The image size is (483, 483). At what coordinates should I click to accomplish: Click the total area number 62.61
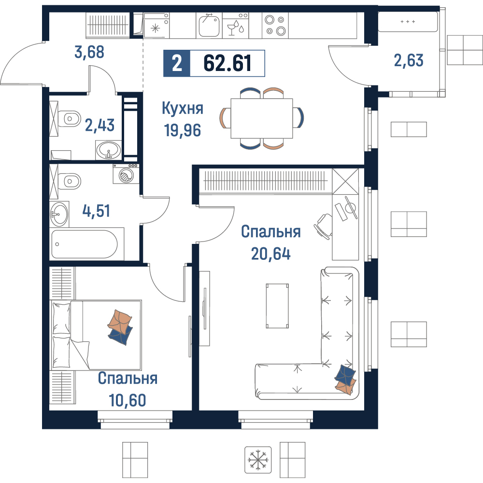pyautogui.click(x=227, y=63)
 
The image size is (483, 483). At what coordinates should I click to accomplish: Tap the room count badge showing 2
pyautogui.click(x=177, y=63)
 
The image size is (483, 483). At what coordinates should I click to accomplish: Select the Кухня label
pyautogui.click(x=183, y=108)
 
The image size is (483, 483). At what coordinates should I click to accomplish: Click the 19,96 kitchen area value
pyautogui.click(x=183, y=130)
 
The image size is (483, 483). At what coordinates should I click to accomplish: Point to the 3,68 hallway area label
pyautogui.click(x=89, y=52)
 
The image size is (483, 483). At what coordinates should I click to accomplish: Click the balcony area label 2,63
pyautogui.click(x=409, y=60)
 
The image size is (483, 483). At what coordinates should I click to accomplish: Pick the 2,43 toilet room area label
pyautogui.click(x=100, y=125)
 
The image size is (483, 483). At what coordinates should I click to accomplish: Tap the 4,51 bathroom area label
pyautogui.click(x=96, y=211)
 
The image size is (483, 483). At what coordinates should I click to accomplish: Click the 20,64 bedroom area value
pyautogui.click(x=271, y=254)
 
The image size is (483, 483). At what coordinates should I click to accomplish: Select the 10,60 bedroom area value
pyautogui.click(x=127, y=400)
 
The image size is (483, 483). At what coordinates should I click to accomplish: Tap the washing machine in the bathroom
pyautogui.click(x=126, y=174)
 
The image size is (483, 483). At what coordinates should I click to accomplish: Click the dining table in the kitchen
pyautogui.click(x=262, y=118)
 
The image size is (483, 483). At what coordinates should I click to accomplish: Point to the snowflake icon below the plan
pyautogui.click(x=258, y=460)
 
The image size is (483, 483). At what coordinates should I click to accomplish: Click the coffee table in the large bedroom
pyautogui.click(x=277, y=306)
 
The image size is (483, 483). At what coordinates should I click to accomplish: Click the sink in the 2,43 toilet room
pyautogui.click(x=108, y=150)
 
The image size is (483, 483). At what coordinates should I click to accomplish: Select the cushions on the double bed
pyautogui.click(x=120, y=327)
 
